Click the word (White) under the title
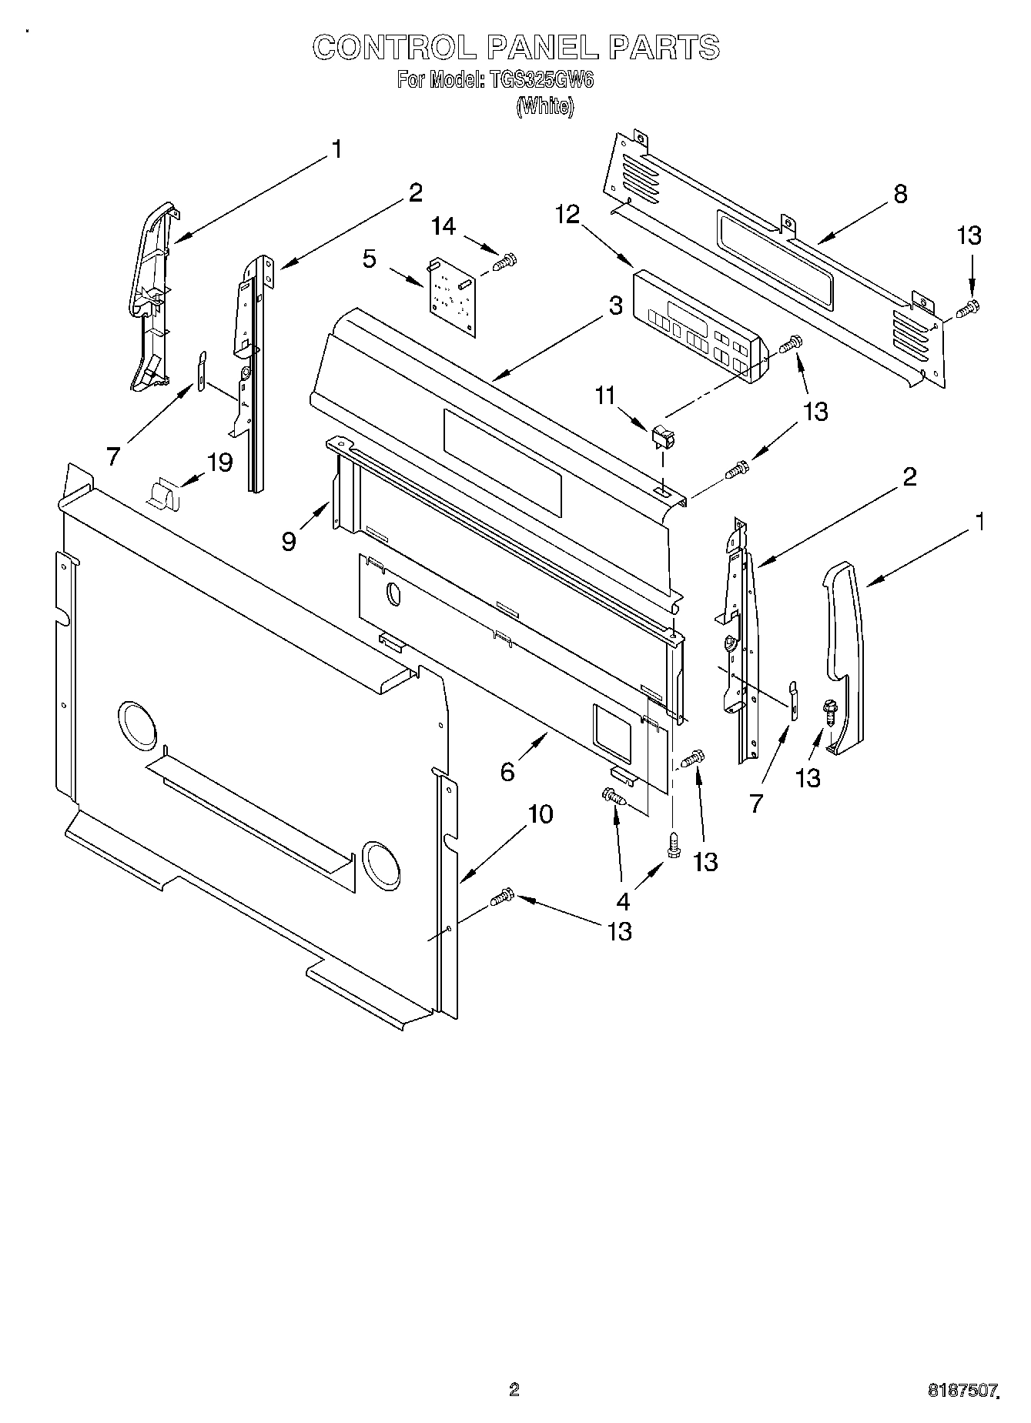coord(544,106)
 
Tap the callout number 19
coord(219,463)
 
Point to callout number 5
coord(370,259)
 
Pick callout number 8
coord(899,194)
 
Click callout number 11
coord(605,396)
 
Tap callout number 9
coord(289,541)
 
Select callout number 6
coord(507,770)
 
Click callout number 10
coord(541,813)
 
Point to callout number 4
coord(623,900)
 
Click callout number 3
coord(614,306)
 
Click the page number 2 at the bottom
coord(514,1389)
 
